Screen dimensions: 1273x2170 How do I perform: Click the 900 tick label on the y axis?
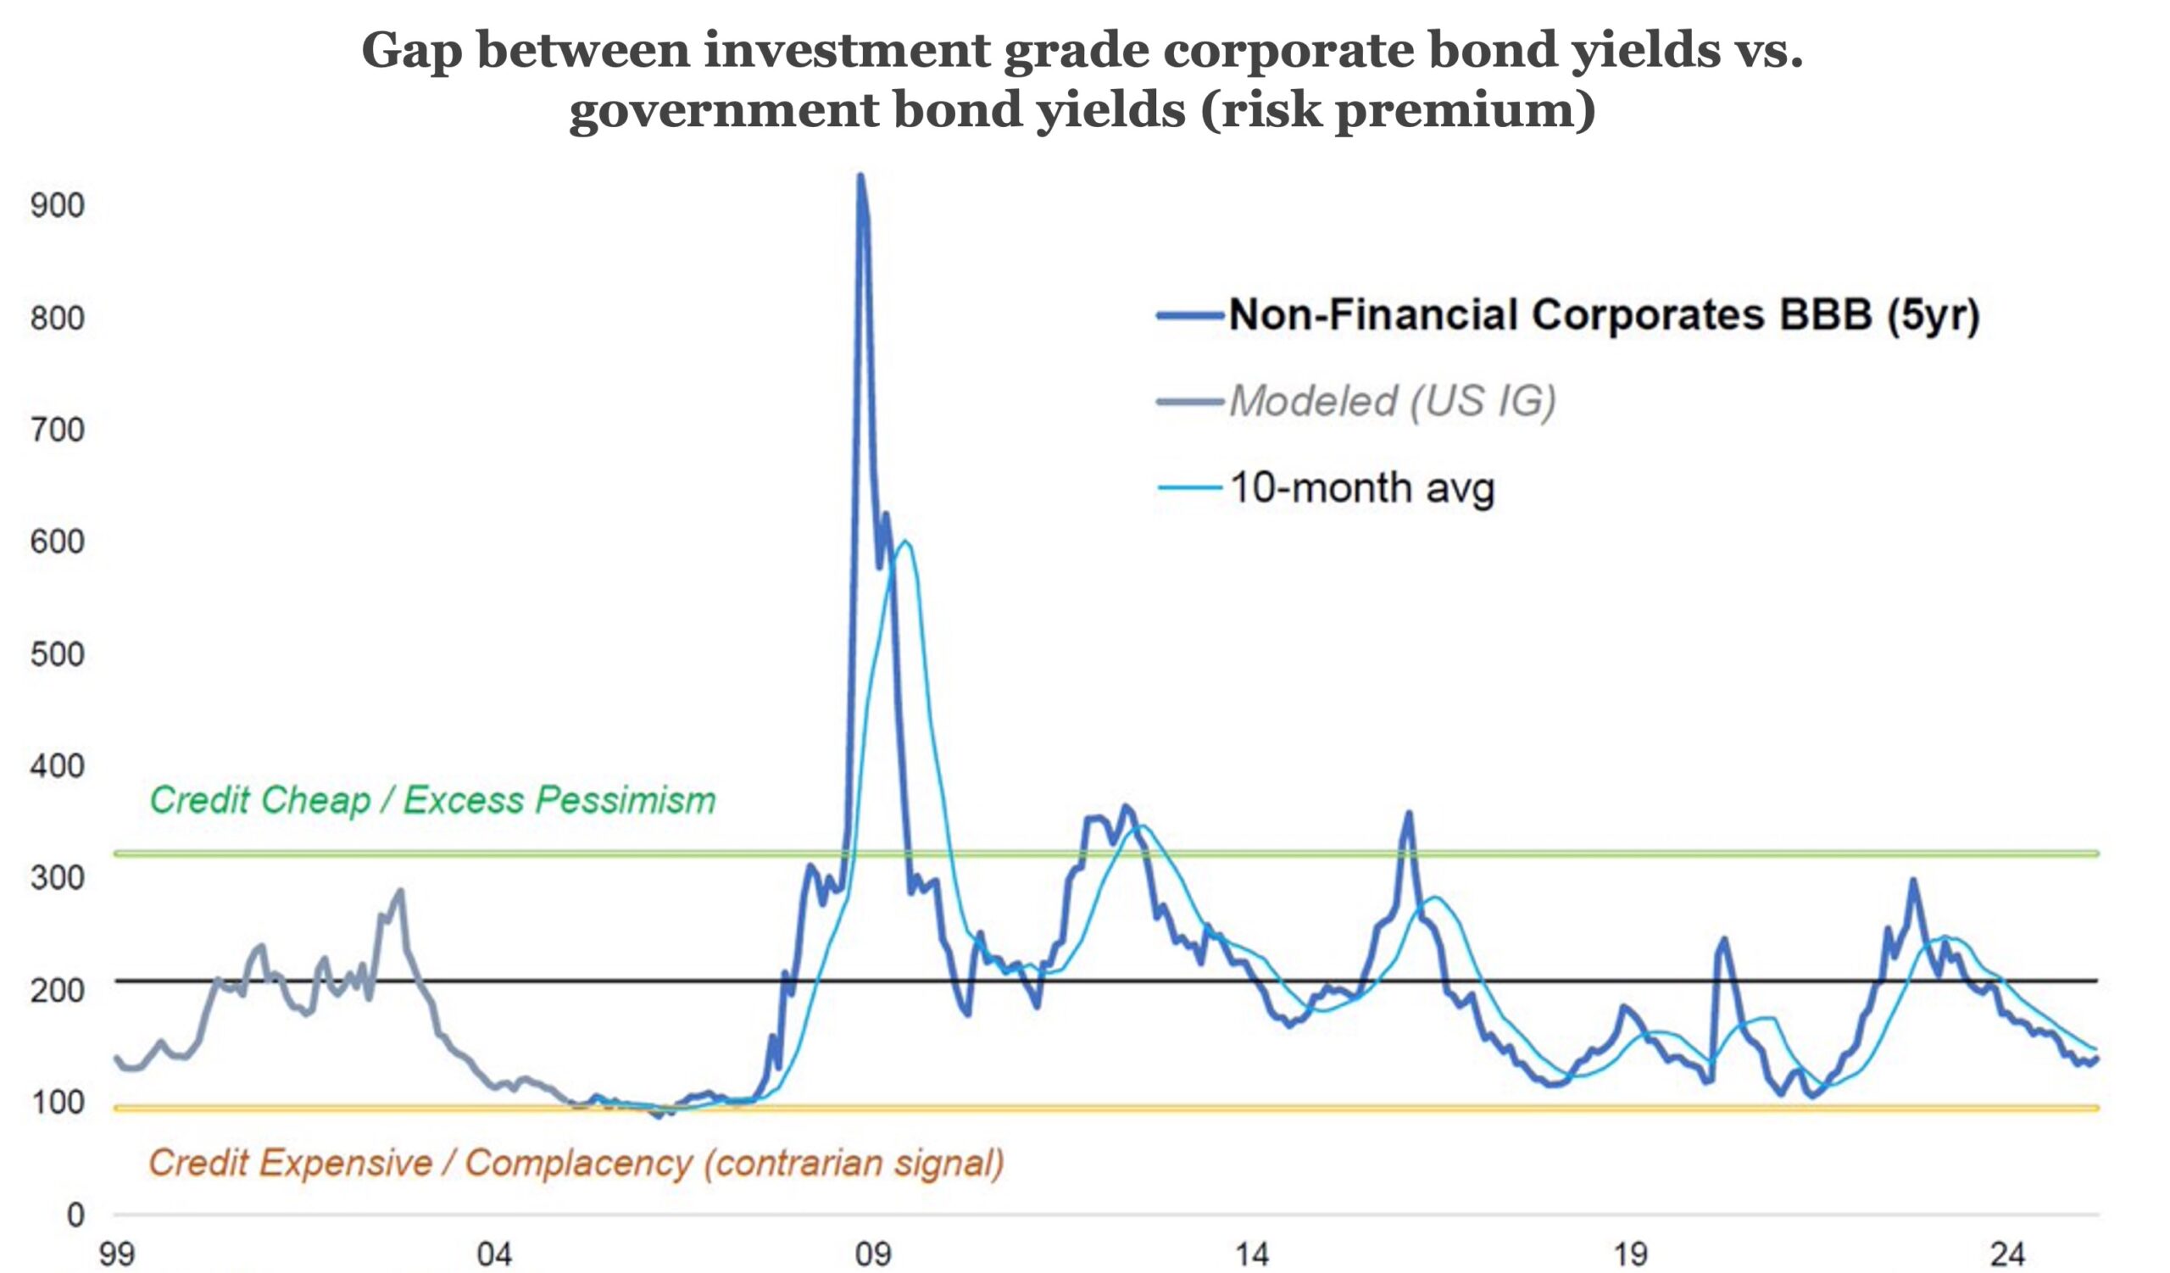57,205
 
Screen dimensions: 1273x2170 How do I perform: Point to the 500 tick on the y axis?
57,654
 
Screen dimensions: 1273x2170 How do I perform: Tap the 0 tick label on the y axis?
75,1215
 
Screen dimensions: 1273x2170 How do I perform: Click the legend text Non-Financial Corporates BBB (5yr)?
1604,315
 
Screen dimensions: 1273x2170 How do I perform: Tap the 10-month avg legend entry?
1361,488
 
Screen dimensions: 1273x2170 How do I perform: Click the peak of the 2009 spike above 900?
860,176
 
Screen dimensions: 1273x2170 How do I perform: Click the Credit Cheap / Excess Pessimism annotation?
432,800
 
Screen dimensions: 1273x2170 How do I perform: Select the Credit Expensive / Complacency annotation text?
576,1163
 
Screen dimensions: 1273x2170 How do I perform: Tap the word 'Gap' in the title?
412,50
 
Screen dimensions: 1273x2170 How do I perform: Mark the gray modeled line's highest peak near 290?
399,892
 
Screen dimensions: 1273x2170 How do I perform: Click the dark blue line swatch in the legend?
1189,316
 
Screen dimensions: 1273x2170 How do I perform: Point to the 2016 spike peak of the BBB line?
1409,814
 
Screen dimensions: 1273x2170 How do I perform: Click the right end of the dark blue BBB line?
2096,1059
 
